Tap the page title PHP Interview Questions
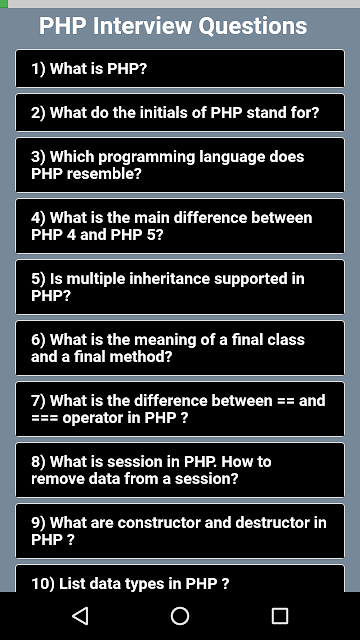point(173,26)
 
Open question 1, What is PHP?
point(180,69)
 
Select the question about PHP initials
point(180,113)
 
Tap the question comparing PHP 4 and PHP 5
point(180,226)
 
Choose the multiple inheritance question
point(180,287)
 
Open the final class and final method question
point(180,348)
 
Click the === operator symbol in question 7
point(44,418)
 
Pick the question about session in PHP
point(180,470)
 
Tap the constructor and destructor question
point(180,531)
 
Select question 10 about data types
point(180,578)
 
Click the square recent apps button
point(280,616)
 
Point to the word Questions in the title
point(253,27)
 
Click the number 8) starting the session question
point(39,462)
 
